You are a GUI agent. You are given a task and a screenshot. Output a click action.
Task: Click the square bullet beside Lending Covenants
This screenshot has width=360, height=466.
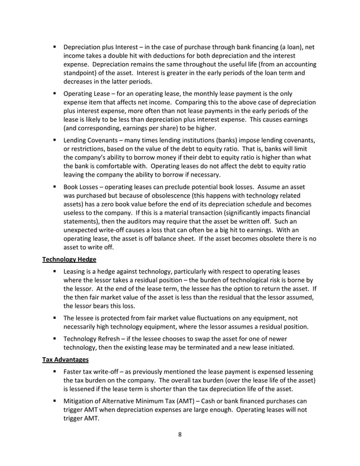tap(56, 139)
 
